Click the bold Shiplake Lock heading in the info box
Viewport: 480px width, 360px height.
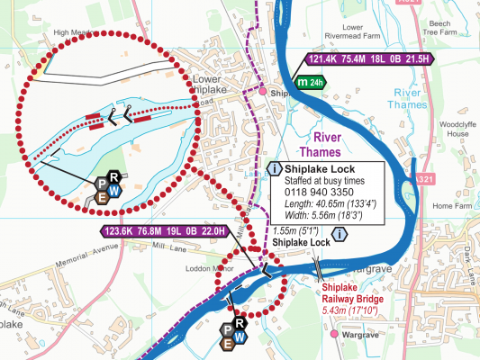320,168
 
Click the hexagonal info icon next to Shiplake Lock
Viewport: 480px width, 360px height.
339,235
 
